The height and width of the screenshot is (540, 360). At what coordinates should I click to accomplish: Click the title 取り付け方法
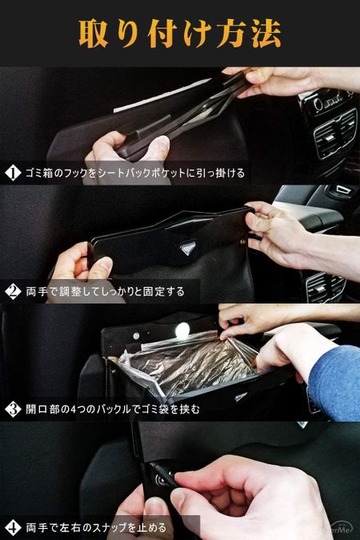coord(180,34)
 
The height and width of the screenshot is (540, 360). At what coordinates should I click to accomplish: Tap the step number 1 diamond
coord(13,173)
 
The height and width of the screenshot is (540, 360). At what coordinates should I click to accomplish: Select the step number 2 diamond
coord(13,291)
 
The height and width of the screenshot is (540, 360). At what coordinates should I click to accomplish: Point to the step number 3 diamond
coord(13,409)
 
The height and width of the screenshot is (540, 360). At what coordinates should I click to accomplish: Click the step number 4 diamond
coord(13,528)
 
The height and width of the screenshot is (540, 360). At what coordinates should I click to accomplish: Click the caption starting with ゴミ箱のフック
coord(135,173)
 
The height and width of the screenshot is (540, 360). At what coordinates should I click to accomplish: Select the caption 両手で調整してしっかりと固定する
coord(106,292)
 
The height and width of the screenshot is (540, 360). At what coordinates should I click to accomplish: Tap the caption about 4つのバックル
coord(113,410)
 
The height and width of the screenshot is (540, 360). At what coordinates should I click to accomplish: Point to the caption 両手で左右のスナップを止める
coord(96,528)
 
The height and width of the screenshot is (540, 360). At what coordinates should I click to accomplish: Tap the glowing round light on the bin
coord(182,331)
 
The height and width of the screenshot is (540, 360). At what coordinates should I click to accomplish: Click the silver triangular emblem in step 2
coord(187,247)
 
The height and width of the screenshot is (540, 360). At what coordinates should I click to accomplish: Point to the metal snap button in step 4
coord(162,478)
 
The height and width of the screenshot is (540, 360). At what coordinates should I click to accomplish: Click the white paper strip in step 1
coord(162,96)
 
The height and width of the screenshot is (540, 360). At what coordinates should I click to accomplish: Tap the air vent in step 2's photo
coord(325,287)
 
